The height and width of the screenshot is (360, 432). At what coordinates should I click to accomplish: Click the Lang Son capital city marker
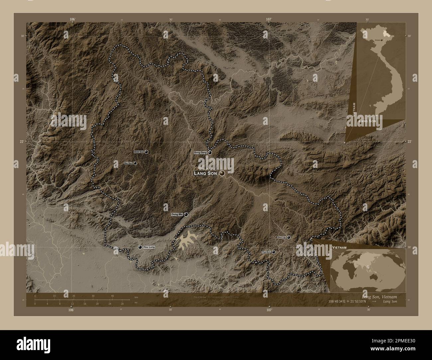[222, 173]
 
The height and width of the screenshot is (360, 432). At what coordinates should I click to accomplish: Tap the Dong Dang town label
[200, 152]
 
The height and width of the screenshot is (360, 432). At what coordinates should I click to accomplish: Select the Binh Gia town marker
[146, 151]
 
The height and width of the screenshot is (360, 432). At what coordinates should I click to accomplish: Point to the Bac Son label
[128, 163]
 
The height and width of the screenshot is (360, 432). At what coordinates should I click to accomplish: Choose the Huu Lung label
[149, 247]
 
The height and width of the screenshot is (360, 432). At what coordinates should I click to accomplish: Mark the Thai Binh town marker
[273, 252]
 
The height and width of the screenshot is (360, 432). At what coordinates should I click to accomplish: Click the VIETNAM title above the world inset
[339, 248]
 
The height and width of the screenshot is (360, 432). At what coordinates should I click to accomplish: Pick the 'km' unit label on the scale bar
[136, 297]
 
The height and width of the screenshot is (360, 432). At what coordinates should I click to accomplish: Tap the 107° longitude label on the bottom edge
[269, 310]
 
